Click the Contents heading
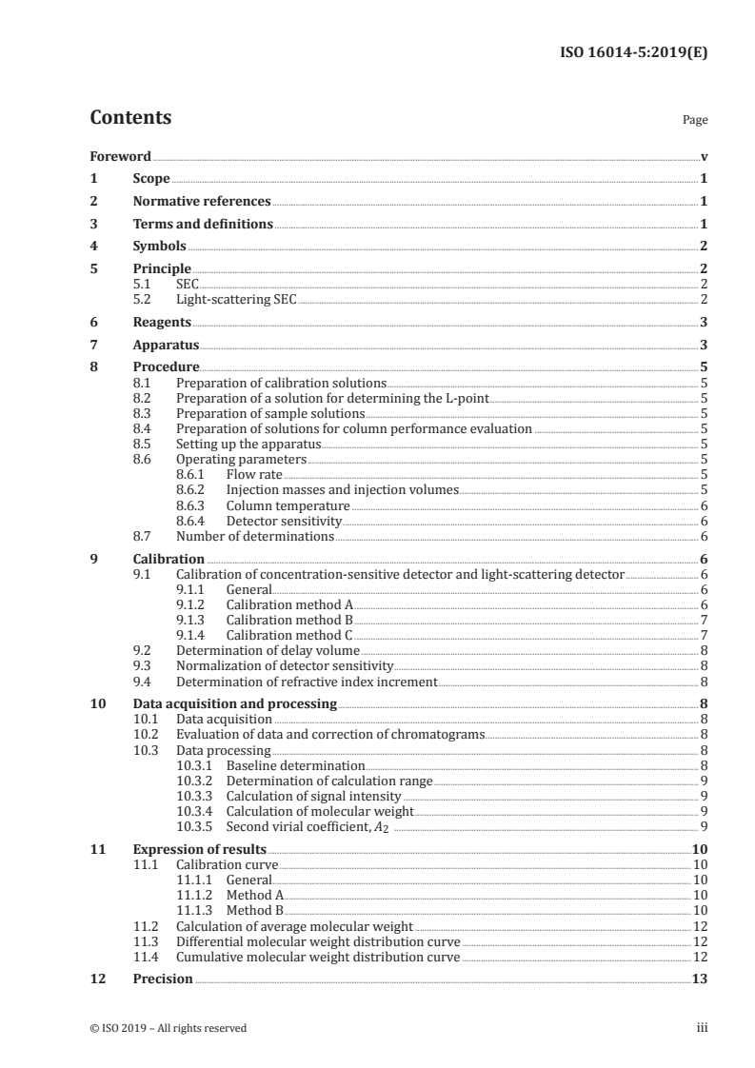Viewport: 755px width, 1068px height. pos(130,118)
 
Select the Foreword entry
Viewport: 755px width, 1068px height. pos(120,156)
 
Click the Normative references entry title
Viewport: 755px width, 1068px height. pos(202,202)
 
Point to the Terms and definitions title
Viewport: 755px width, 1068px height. pos(203,225)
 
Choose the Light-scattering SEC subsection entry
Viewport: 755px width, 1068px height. pos(236,300)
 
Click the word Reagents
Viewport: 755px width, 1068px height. pos(162,323)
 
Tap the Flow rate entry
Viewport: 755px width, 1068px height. pos(254,473)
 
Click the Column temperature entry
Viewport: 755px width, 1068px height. pos(288,505)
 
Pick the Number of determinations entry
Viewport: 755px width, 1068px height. pos(254,537)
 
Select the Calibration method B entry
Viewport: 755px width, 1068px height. pos(289,620)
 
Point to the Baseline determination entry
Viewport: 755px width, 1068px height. pos(295,765)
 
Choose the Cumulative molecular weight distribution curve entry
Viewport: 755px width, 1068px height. pos(318,957)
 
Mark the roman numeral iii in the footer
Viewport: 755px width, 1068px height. pos(702,1028)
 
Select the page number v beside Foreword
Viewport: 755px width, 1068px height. pos(704,156)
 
